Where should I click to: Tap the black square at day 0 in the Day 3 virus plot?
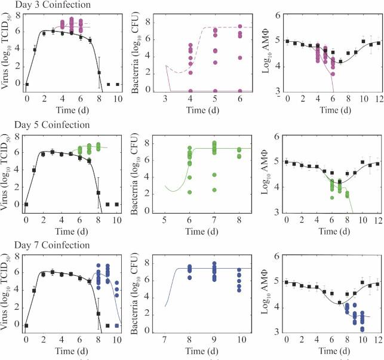tap(26, 85)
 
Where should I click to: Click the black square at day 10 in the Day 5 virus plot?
tap(119, 204)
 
